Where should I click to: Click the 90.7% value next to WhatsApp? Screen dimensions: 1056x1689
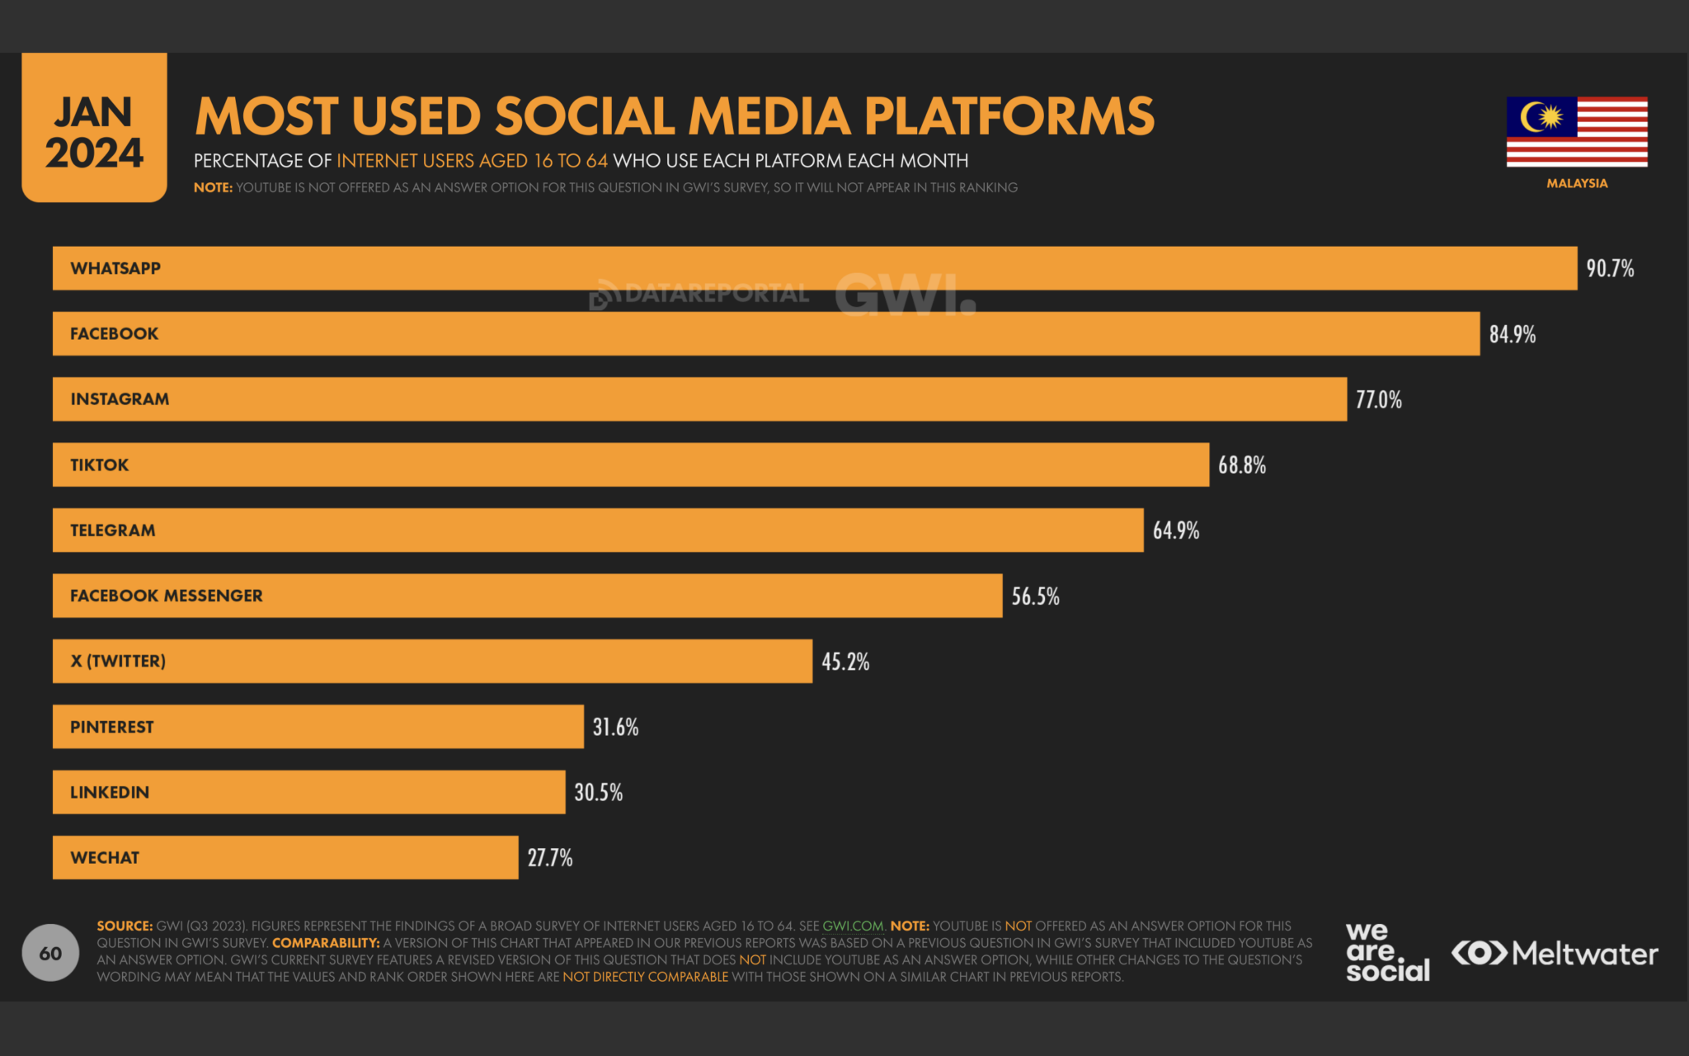point(1609,269)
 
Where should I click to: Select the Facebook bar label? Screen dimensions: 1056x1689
point(114,334)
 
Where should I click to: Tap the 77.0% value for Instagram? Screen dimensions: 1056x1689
point(1378,400)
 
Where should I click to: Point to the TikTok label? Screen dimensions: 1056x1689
point(99,465)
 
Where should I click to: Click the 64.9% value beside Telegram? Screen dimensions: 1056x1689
point(1175,530)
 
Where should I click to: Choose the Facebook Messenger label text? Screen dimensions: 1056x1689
point(166,596)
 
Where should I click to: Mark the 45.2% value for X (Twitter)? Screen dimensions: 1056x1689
point(844,662)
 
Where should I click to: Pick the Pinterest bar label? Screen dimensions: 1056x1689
point(111,727)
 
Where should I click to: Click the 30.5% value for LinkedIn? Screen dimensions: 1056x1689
point(598,793)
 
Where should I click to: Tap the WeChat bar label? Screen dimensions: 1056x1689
point(105,858)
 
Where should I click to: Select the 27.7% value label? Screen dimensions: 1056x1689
point(549,858)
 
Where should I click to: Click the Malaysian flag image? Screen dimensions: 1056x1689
point(1576,132)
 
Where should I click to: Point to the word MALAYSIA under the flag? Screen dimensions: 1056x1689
point(1576,183)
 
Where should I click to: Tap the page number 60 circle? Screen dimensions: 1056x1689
point(50,953)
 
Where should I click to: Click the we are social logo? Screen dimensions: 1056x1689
point(1387,953)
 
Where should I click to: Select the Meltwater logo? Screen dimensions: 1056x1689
point(1555,954)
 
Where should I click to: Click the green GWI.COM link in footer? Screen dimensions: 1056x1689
point(853,926)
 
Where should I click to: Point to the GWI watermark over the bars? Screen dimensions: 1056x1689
point(904,295)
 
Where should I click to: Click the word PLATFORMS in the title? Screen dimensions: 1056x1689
point(1009,116)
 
